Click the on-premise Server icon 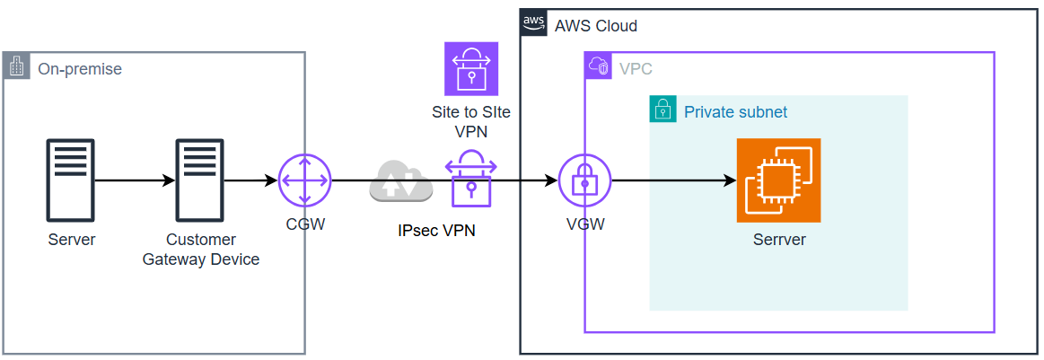point(70,180)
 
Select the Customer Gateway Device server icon point(199,180)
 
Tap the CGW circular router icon point(305,180)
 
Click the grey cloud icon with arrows point(400,181)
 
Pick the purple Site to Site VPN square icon point(471,68)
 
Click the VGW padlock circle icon point(584,180)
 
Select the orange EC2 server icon point(778,180)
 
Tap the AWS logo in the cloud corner point(534,22)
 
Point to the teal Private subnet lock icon point(662,110)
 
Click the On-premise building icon point(16,66)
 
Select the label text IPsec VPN point(436,230)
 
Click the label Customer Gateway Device point(201,250)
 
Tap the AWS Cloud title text point(596,26)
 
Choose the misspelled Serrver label point(779,240)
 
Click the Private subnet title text point(735,112)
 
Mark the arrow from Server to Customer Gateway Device point(135,180)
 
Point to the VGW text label point(585,224)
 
